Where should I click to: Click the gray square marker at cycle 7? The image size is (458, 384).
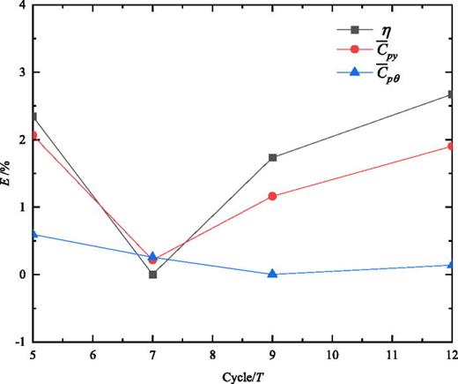pos(153,275)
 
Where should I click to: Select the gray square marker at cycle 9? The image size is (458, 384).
pos(273,158)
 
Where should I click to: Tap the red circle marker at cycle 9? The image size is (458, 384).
pos(273,196)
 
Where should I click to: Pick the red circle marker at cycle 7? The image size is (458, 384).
pos(153,260)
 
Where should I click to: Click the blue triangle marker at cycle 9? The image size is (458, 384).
pos(273,274)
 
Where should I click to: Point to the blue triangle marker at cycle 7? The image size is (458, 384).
pos(153,256)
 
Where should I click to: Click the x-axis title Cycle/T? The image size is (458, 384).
pos(240,374)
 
